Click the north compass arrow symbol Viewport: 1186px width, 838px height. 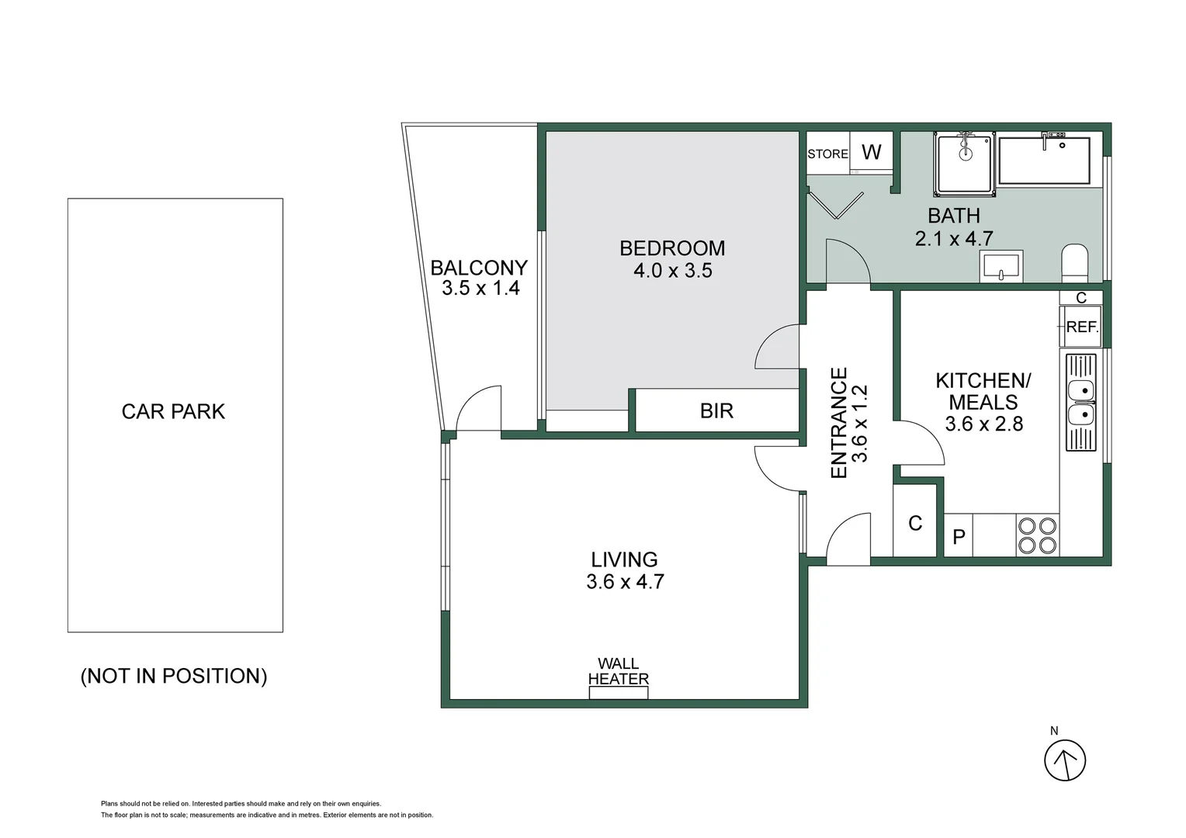[1064, 760]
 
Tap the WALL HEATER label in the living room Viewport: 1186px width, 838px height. [618, 671]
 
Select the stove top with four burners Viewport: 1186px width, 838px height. [1038, 535]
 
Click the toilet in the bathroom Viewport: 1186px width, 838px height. [1075, 263]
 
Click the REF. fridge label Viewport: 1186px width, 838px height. [1081, 327]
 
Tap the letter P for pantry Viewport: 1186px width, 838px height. [959, 537]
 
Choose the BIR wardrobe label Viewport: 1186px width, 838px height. [716, 410]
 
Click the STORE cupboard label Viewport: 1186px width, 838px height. [827, 154]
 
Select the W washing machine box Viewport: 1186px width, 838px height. [872, 152]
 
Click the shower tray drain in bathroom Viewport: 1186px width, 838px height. [965, 154]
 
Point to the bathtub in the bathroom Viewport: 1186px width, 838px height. [1044, 161]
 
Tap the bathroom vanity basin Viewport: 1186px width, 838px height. [1000, 266]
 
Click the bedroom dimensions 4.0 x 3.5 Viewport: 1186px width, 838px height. [672, 271]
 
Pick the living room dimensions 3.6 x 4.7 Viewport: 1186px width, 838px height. [625, 582]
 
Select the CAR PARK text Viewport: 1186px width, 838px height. [173, 411]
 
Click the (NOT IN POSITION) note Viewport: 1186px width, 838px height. [174, 676]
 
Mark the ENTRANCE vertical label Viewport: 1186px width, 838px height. [839, 423]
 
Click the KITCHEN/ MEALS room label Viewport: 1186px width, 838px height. [983, 391]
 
